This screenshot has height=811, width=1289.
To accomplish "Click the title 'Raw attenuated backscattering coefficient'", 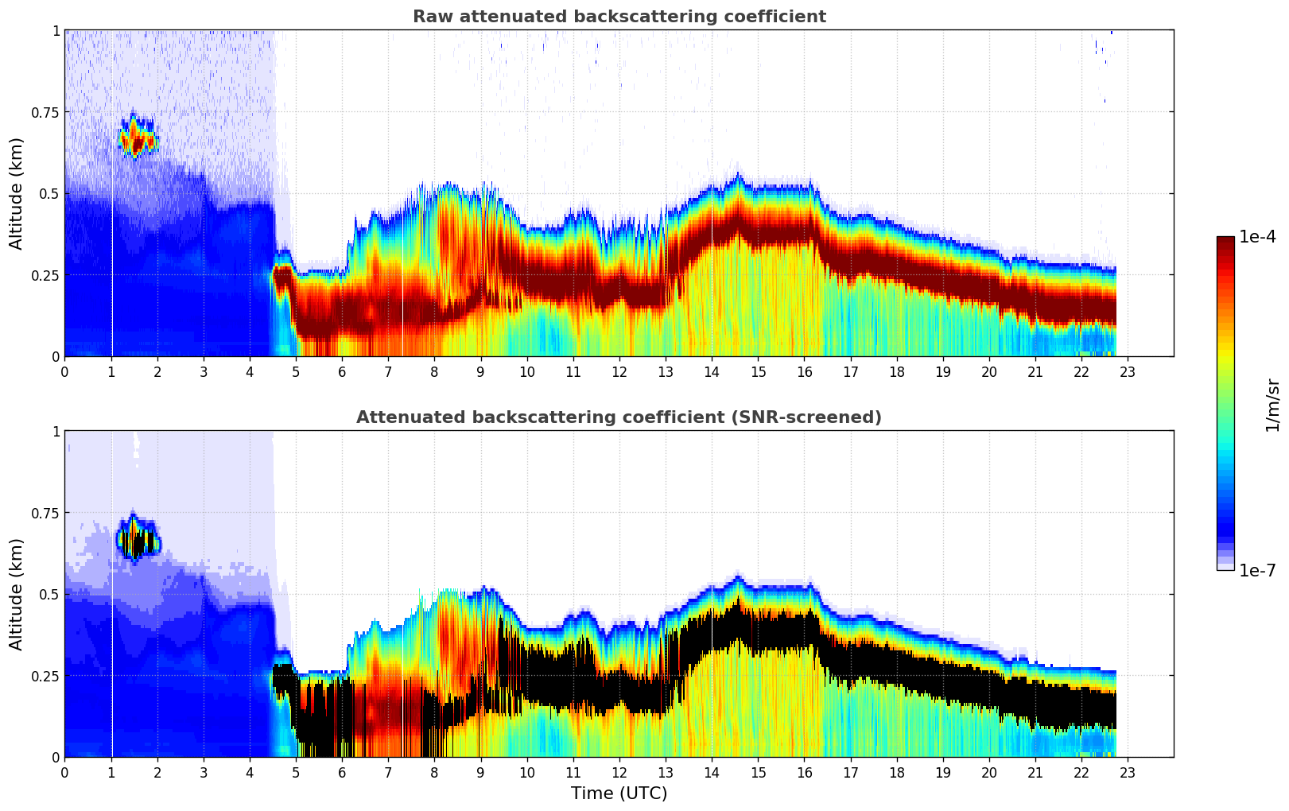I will pos(619,17).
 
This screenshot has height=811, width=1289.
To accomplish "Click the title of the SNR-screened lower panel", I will pos(619,417).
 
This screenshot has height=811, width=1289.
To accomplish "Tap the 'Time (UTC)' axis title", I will pos(619,794).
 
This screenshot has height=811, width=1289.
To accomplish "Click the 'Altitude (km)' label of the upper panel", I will pos(17,193).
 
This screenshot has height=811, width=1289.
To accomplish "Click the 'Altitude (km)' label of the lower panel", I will pos(17,594).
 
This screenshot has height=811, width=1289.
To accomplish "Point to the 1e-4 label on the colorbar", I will pos(1257,237).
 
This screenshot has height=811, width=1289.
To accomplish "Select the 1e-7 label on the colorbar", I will pos(1257,570).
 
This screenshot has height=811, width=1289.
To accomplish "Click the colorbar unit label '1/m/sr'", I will pos(1272,405).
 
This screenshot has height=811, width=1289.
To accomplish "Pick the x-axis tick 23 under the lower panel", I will pos(1128,772).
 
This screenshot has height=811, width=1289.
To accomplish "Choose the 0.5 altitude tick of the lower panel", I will pos(49,594).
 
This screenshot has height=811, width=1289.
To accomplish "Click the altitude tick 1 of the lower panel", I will pos(56,431).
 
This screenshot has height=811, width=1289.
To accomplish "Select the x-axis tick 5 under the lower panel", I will pos(296,772).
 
